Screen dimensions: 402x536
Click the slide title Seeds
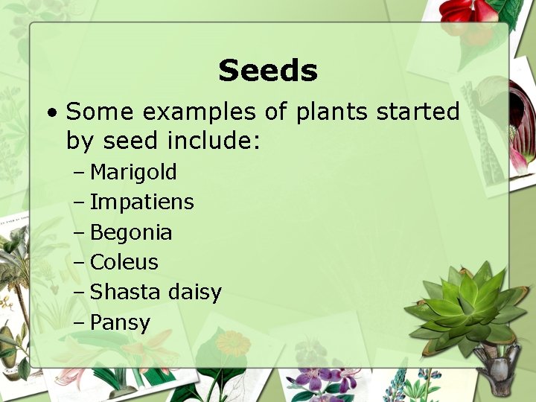(x=268, y=71)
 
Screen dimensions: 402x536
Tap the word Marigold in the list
(x=133, y=173)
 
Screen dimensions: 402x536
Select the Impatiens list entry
(x=141, y=202)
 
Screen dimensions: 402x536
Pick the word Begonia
(x=131, y=233)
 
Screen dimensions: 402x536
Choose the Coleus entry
(x=124, y=263)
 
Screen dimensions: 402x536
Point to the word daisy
(x=194, y=293)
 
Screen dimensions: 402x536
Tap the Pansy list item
(x=120, y=323)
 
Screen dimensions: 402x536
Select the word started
(x=418, y=112)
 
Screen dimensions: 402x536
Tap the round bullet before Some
(x=50, y=113)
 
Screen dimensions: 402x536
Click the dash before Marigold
(x=80, y=173)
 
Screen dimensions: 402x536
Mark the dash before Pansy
(x=80, y=324)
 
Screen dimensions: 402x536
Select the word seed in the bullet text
(x=131, y=140)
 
